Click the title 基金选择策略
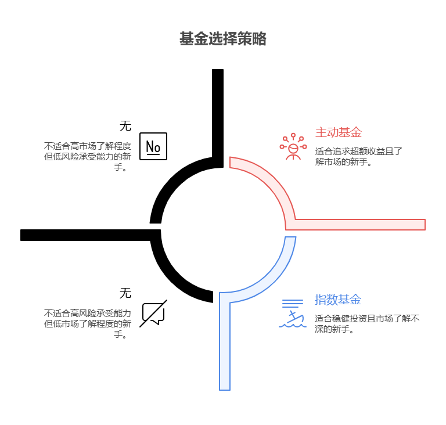click(222, 39)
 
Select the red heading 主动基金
click(338, 132)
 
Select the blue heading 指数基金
click(338, 300)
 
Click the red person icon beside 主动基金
click(293, 147)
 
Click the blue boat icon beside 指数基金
click(293, 319)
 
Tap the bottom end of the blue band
click(225, 386)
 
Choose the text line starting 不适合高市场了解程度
click(87, 146)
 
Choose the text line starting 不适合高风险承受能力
click(87, 314)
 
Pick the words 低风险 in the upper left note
click(64, 157)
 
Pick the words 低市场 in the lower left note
click(64, 324)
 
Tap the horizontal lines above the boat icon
click(293, 303)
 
